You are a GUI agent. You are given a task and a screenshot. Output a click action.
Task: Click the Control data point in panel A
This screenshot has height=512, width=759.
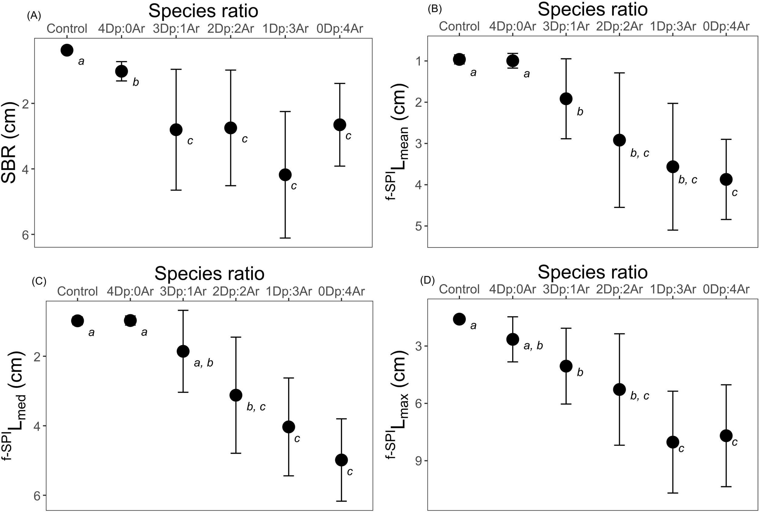point(67,50)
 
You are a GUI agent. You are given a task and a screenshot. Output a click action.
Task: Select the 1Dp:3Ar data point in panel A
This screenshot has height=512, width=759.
point(285,175)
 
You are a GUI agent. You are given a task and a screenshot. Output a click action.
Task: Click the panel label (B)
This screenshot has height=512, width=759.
point(435,9)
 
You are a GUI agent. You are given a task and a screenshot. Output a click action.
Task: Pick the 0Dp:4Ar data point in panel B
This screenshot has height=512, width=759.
point(726,179)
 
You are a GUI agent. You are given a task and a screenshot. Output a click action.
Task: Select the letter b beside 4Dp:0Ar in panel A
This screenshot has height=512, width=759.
point(135,82)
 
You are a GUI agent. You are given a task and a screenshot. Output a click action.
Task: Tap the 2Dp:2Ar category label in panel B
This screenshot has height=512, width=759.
point(619,26)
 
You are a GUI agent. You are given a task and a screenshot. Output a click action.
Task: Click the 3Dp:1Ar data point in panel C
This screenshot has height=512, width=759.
point(183,351)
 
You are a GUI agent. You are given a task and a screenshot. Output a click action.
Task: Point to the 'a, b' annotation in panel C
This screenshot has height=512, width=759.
point(203,363)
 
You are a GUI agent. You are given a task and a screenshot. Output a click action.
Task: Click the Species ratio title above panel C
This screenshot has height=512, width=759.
point(209,274)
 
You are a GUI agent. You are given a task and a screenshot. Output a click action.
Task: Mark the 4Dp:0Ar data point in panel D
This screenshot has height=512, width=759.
point(512,339)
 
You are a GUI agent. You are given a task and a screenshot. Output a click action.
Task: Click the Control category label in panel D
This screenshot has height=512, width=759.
point(459,289)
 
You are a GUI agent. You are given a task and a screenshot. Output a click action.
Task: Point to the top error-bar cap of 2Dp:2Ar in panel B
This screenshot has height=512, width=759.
point(619,73)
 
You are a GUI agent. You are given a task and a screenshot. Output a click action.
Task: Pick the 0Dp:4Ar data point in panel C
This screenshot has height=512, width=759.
point(342,460)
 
